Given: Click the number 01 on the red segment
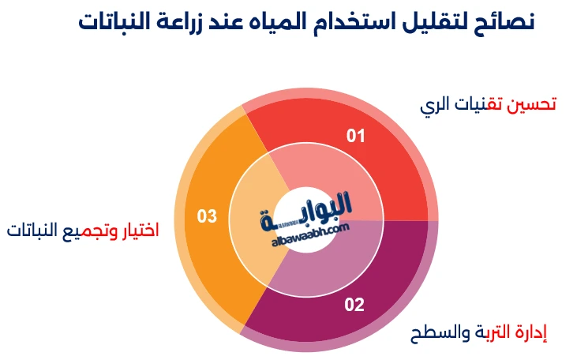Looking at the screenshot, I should click(357, 137).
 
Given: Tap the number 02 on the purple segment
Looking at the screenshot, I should click(354, 304).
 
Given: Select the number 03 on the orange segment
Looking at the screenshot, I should click(207, 216).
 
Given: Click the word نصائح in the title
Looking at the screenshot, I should click(504, 21).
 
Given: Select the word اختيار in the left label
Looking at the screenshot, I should click(139, 231).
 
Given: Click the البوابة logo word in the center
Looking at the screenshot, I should click(308, 209).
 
